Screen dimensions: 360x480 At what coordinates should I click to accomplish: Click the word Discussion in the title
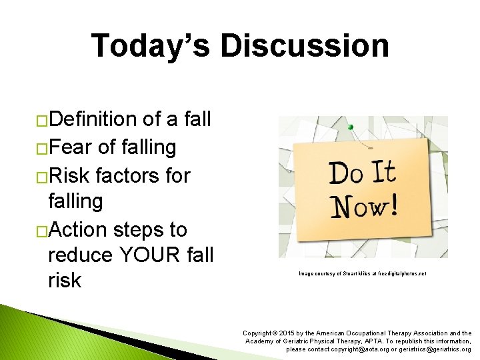coord(305,46)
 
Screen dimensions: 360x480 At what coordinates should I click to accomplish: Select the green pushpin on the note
coord(351,127)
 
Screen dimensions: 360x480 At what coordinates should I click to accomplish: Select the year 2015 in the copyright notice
coord(287,333)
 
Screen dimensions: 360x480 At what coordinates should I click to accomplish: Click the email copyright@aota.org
coord(365,349)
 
